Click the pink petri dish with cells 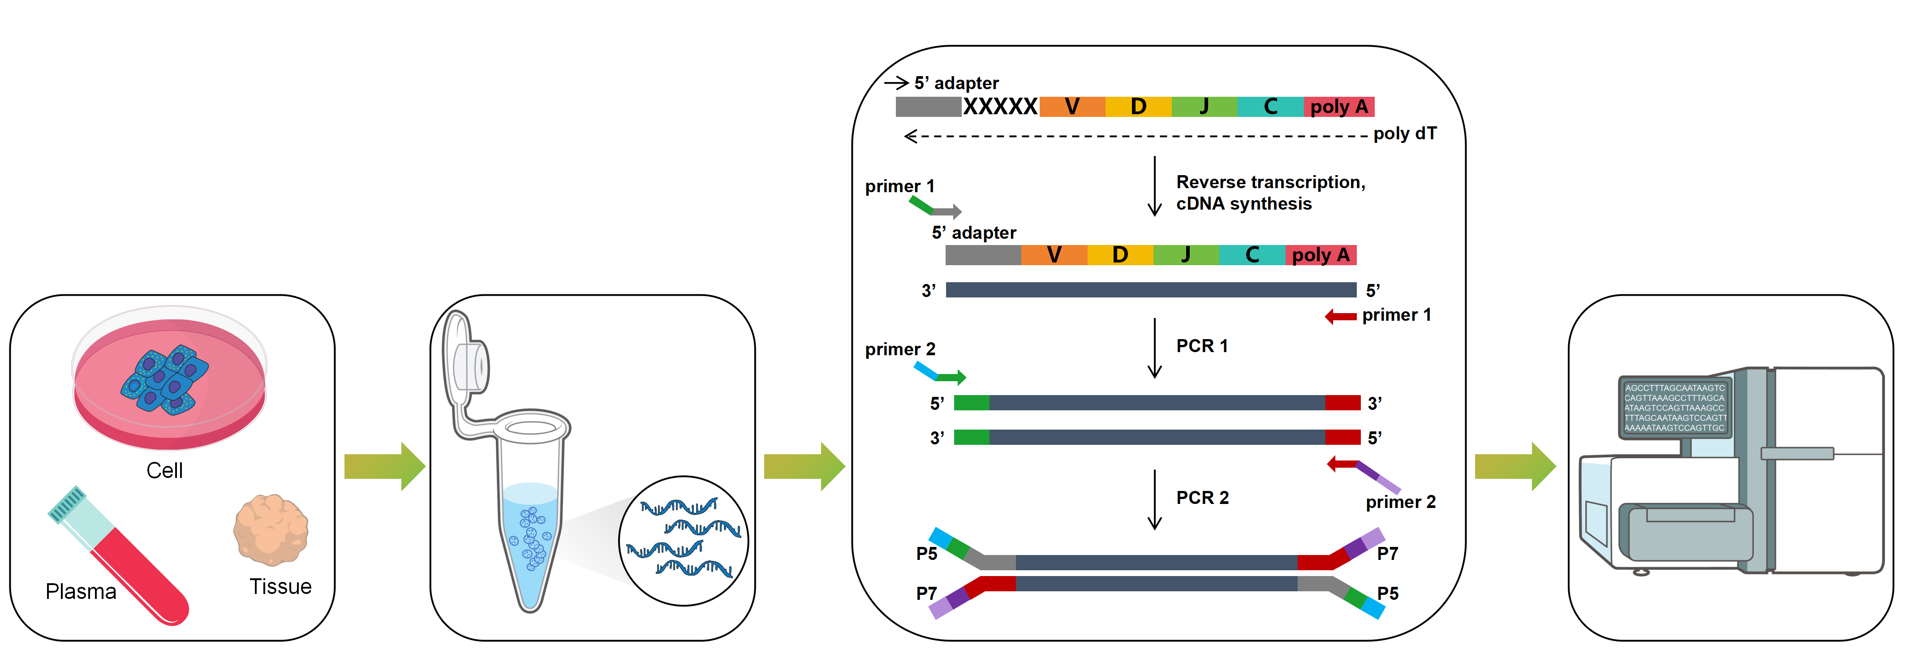tap(169, 381)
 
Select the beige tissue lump tap(271, 529)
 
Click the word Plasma tap(81, 591)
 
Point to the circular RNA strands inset tap(683, 540)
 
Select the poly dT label tap(1404, 134)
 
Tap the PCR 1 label tap(1201, 346)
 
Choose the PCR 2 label tap(1201, 498)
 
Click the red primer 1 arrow tap(1340, 317)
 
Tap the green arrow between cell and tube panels tap(384, 466)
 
